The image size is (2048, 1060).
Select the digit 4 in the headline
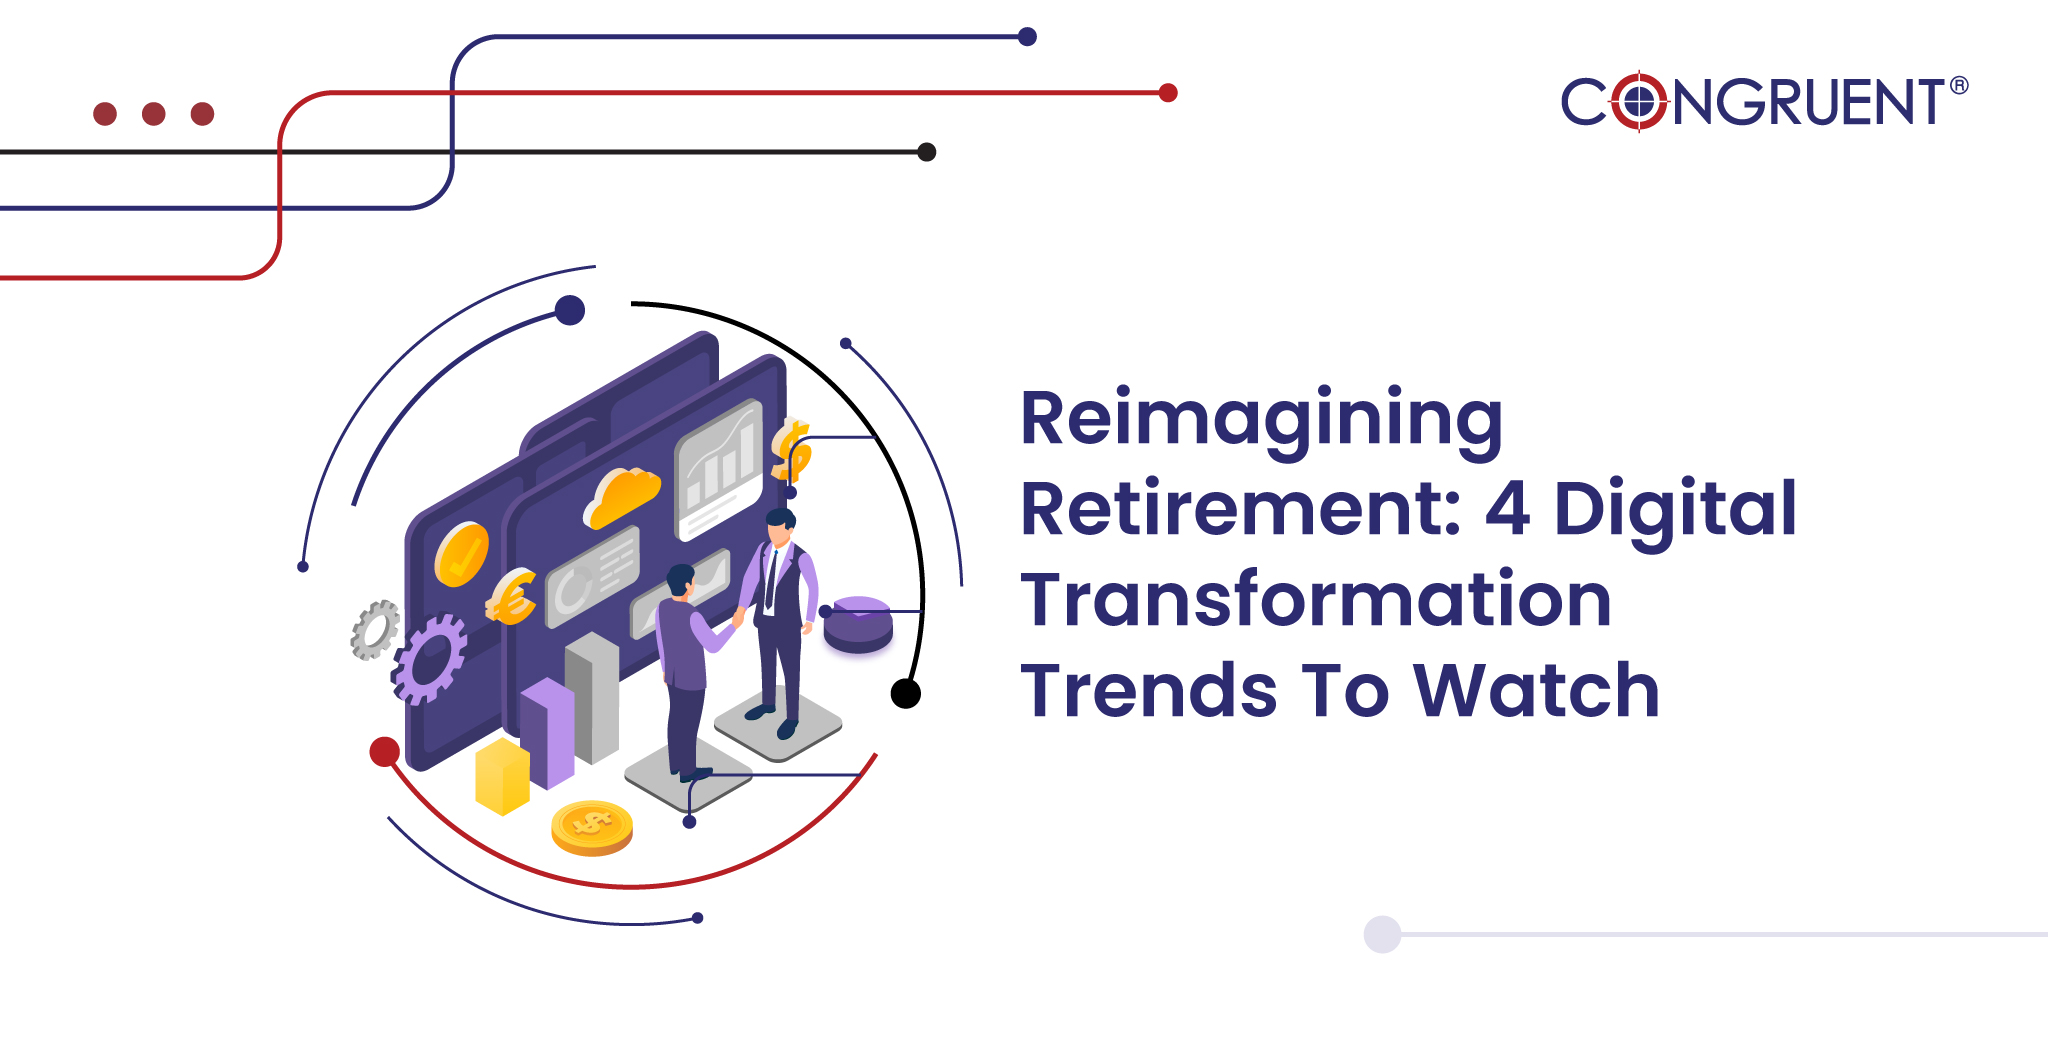(1507, 509)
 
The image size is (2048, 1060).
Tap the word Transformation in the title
(1316, 600)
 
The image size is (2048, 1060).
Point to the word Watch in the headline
(1536, 690)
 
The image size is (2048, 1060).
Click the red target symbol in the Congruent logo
(1639, 101)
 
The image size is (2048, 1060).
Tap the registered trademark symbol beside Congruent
(1959, 86)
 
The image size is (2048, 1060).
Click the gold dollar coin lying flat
(592, 828)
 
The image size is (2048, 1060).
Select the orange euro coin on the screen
(511, 597)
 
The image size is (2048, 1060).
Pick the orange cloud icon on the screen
(622, 495)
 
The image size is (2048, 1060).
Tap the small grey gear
(375, 630)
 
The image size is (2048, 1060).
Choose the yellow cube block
(502, 776)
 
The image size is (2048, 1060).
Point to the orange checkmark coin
(461, 553)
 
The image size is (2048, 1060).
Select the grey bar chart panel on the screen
(719, 469)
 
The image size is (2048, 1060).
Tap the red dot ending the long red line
(1168, 93)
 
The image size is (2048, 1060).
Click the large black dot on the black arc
(906, 693)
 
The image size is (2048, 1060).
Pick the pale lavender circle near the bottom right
(1382, 934)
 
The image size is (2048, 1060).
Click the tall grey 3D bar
(592, 698)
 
